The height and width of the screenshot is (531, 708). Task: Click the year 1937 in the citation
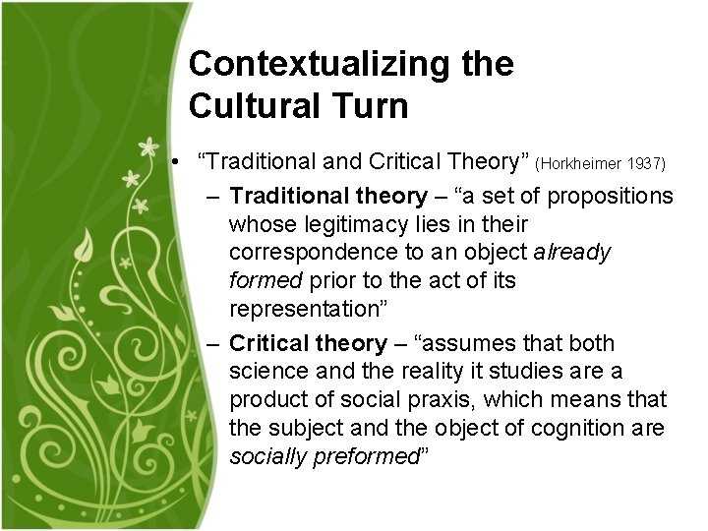[645, 162]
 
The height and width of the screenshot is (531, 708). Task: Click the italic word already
[572, 253]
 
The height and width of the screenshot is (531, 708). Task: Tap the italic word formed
[265, 281]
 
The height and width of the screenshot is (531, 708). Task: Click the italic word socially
[264, 456]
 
